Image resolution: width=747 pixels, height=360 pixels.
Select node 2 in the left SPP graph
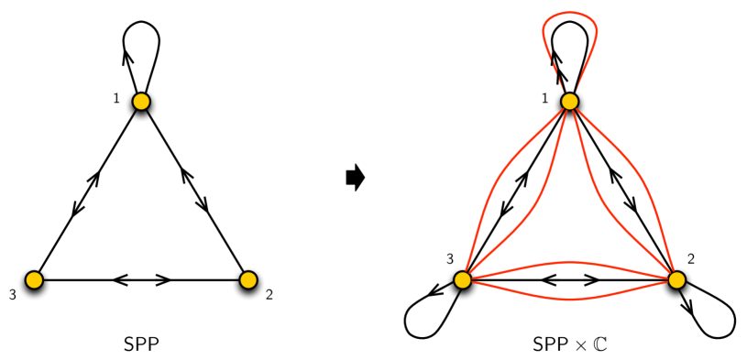[x=247, y=279]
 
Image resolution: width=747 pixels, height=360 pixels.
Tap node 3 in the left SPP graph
[x=34, y=279]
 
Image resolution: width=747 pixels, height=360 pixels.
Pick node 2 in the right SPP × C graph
[x=676, y=279]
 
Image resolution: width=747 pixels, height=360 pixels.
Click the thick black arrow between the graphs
[x=355, y=178]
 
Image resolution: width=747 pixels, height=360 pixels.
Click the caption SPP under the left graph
[x=141, y=345]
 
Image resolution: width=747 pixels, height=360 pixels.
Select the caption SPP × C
[x=570, y=345]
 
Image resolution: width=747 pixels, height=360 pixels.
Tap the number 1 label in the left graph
[x=116, y=97]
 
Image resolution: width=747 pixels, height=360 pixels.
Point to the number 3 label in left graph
[x=12, y=295]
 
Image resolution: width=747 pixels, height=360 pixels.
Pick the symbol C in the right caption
[x=601, y=345]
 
